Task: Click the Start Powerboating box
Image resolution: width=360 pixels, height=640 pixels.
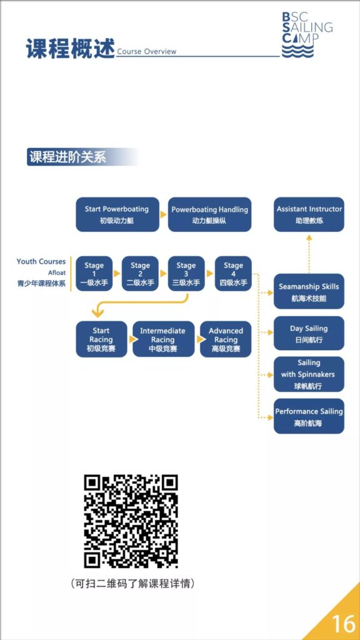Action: coord(117,214)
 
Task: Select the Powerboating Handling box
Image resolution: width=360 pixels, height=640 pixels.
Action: coord(210,214)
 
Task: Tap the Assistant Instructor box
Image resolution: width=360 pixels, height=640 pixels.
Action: coord(309,214)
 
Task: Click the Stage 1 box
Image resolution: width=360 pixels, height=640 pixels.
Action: coord(94,274)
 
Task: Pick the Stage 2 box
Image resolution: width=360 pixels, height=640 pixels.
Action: coord(140,274)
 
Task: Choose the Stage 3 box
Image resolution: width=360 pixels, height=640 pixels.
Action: coord(186,274)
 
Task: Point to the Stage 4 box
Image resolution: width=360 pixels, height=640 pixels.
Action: coord(233,274)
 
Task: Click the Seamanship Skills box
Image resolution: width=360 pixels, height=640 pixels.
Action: coord(309,291)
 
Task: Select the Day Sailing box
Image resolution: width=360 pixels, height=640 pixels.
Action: coord(309,333)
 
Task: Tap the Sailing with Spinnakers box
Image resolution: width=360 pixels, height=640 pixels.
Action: coord(309,374)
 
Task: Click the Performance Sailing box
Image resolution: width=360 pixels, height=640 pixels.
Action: coord(309,416)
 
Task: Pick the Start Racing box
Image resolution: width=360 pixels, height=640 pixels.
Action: coord(101,339)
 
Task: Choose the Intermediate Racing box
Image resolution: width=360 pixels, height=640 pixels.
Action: coord(163,339)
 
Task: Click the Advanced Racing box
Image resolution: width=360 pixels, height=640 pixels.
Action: coord(226,339)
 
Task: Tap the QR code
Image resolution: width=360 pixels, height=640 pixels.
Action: coord(131,521)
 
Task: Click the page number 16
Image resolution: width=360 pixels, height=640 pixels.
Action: coord(344,623)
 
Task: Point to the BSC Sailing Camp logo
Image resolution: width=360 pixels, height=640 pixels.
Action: coord(306,35)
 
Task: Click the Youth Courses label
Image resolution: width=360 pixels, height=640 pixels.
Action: coord(41,262)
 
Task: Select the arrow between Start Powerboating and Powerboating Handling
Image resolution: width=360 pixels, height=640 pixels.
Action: coord(163,214)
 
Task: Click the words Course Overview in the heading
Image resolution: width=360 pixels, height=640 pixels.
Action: coord(146,51)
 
